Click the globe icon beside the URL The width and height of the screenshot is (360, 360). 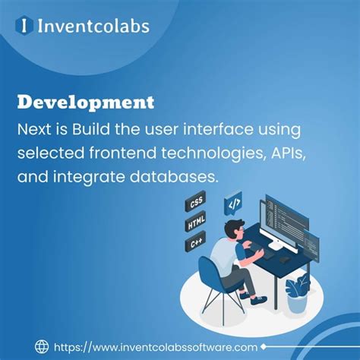43,345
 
